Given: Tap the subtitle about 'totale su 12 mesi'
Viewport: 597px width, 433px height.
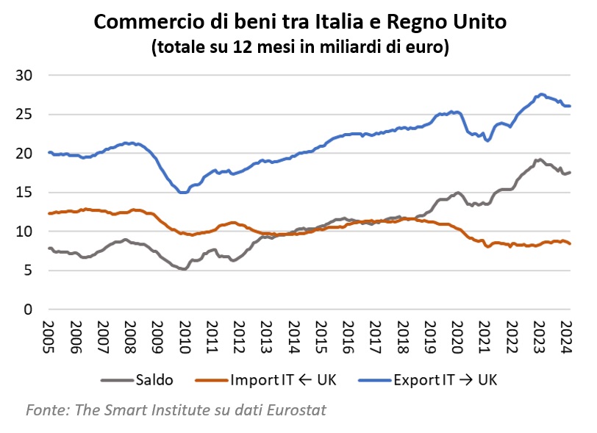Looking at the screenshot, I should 299,48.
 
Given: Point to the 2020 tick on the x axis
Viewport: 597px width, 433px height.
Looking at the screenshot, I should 457,337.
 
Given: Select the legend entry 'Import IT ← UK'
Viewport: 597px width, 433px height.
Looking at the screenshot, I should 283,380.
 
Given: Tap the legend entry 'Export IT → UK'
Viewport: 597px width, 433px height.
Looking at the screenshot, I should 446,380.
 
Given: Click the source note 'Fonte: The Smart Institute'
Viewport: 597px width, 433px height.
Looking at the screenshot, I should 176,409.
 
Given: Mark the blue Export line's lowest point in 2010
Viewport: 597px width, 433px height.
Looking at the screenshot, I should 182,192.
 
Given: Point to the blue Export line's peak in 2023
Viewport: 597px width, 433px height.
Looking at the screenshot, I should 542,94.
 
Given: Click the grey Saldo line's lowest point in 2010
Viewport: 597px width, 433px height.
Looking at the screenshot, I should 182,268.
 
